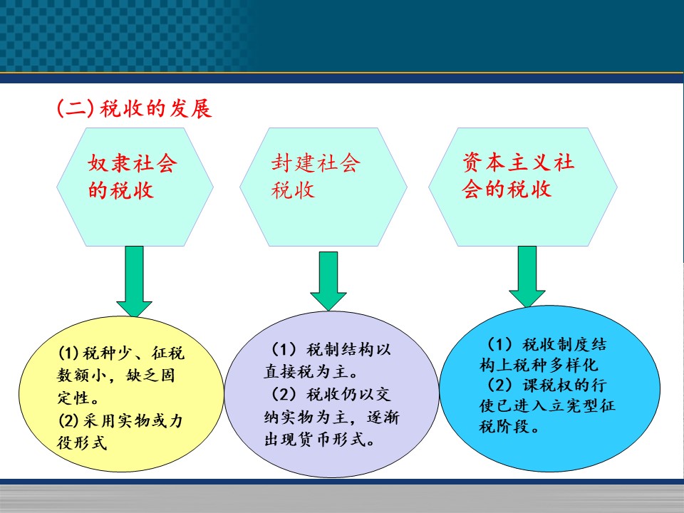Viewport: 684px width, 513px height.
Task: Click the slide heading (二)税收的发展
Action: (x=135, y=108)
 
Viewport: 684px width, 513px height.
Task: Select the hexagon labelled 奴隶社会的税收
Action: (x=135, y=187)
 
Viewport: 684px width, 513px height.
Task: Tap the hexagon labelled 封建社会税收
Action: (x=323, y=187)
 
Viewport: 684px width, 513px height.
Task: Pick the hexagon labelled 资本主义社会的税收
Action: (x=522, y=187)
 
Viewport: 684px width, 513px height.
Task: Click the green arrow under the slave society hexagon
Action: (x=135, y=281)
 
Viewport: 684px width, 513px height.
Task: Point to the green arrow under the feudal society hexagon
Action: (x=328, y=281)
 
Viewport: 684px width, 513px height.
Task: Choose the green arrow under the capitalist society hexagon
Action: (x=527, y=276)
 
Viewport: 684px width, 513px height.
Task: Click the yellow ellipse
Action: (x=121, y=393)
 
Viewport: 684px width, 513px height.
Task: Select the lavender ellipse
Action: (x=331, y=394)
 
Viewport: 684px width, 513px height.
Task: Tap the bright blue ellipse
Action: (x=549, y=388)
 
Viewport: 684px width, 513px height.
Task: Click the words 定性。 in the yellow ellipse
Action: (x=78, y=398)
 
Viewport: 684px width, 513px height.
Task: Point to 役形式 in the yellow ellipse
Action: (x=82, y=442)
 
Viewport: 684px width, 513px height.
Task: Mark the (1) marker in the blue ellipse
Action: (x=499, y=345)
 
